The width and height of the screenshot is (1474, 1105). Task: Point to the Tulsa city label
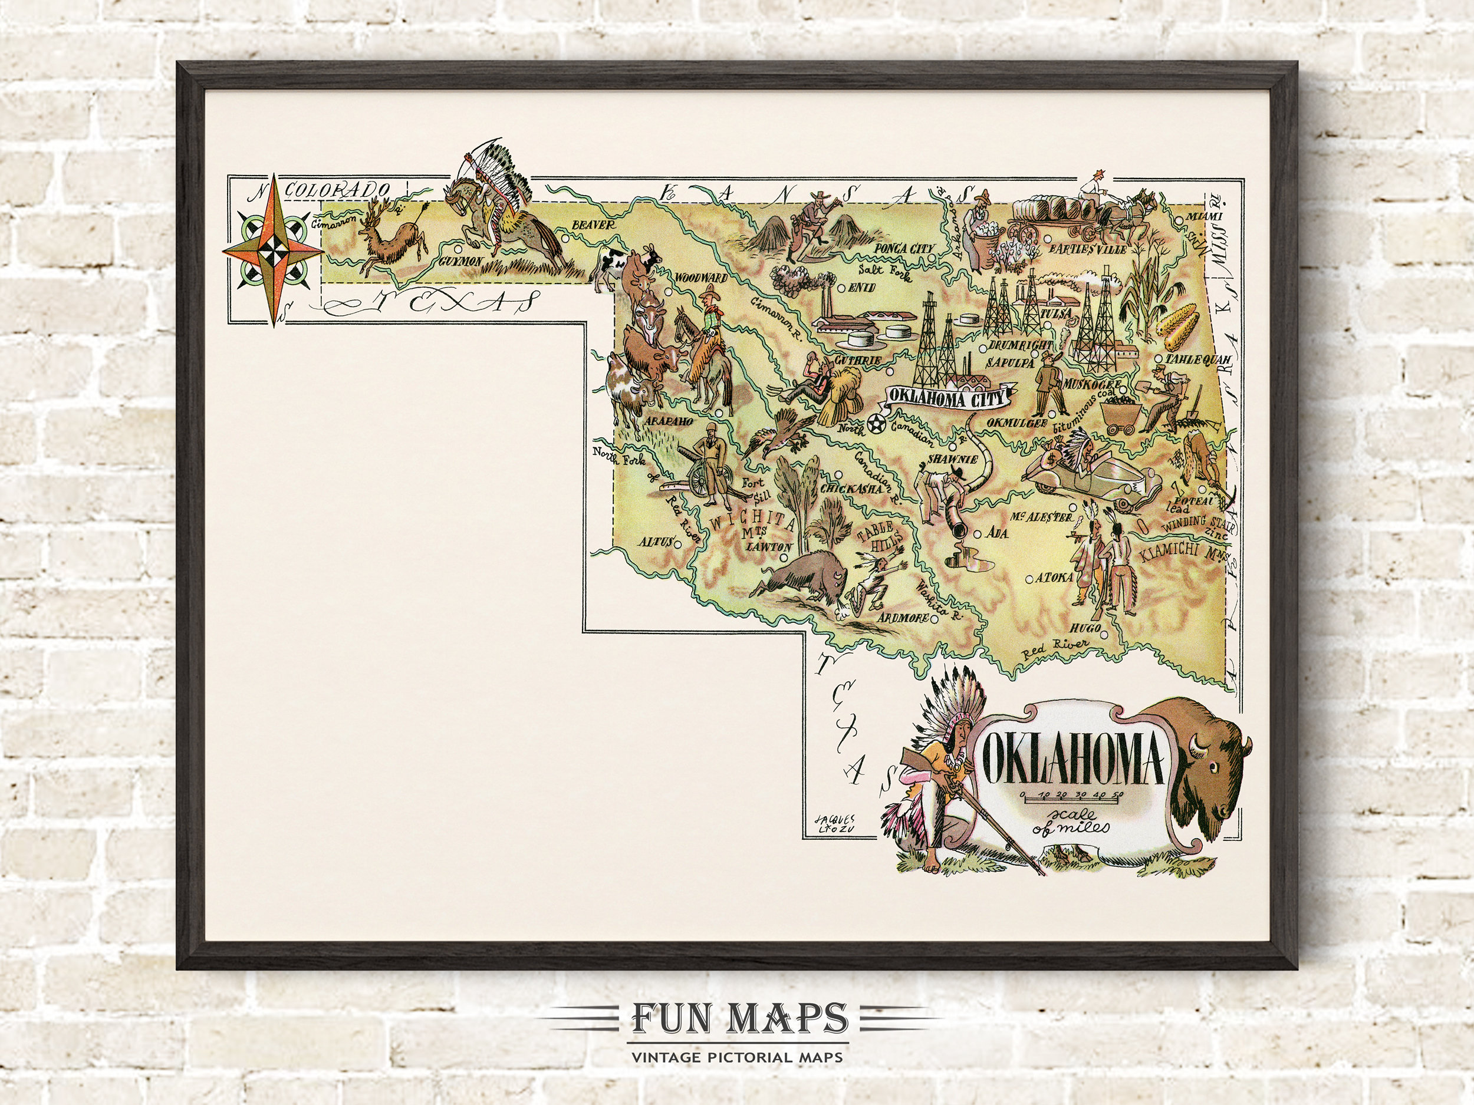(x=1058, y=313)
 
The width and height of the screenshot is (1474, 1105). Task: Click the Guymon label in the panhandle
(x=460, y=261)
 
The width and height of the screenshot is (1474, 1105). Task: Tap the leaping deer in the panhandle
(x=393, y=237)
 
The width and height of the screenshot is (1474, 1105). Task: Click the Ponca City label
(x=904, y=249)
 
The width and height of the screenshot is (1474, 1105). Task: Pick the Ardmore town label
(x=903, y=618)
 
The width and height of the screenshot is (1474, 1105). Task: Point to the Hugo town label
(x=1083, y=628)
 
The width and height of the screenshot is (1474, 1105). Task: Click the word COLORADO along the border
(x=337, y=190)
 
